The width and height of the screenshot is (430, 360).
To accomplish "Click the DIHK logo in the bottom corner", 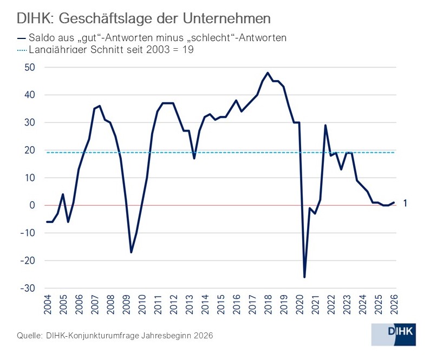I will coord(394,335).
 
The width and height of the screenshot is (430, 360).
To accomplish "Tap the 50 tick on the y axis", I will coord(29,68).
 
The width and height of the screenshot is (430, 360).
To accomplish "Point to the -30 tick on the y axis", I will coord(28,288).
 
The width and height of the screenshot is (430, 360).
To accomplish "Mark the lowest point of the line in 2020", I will coord(304,277).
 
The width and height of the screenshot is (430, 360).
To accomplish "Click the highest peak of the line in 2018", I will coord(268,73).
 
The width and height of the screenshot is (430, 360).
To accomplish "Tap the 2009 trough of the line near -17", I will coord(131,252).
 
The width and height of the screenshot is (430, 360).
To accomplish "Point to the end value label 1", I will coord(405,203).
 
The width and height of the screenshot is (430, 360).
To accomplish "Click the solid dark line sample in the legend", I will coord(22,38).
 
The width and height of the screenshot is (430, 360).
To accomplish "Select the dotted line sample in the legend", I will coord(22,50).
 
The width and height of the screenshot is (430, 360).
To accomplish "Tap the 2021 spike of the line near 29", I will coord(325,125).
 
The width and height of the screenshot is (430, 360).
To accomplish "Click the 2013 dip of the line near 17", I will coord(194,158).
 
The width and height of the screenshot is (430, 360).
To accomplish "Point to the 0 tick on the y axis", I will coord(32,205).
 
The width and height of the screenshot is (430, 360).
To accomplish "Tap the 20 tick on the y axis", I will coord(29,150).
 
